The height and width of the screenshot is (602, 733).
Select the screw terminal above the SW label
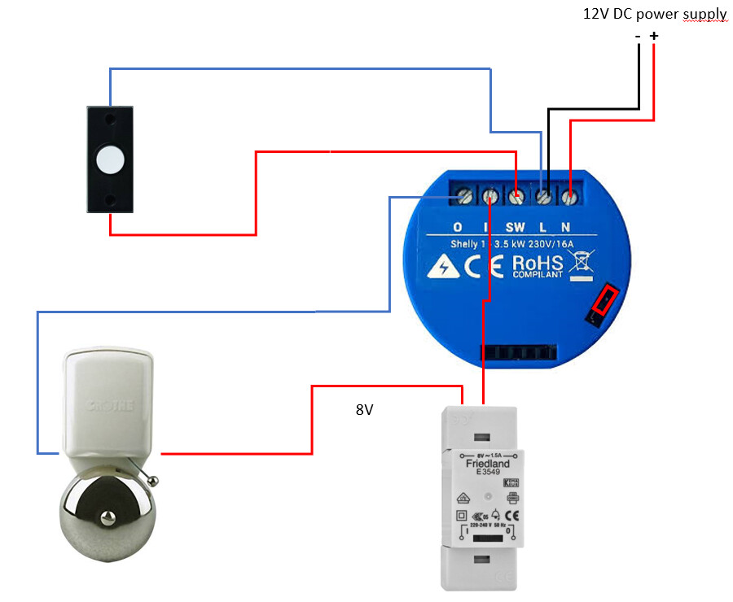pos(516,196)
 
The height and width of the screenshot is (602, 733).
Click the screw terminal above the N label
pos(569,196)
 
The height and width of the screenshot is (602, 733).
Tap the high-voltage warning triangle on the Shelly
pos(445,266)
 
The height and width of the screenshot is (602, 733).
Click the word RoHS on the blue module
pos(537,263)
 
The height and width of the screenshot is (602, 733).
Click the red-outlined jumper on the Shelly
pos(604,302)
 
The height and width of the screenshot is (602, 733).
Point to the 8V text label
pos(364,410)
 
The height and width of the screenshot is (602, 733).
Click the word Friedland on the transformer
pos(487,464)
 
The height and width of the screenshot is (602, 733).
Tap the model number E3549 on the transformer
pos(487,473)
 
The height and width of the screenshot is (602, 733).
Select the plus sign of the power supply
pos(653,36)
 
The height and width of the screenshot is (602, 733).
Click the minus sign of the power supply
pos(639,36)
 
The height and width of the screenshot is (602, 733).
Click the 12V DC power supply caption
pos(654,14)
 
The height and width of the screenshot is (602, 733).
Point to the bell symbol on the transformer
pos(494,513)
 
